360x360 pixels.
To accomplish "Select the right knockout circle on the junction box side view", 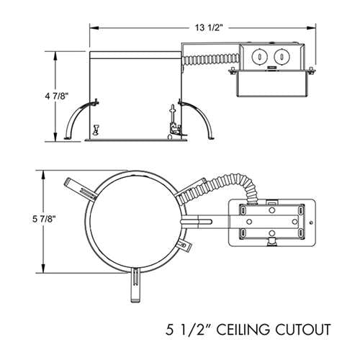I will pyautogui.click(x=279, y=58).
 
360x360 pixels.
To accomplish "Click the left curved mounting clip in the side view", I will pyautogui.click(x=77, y=118).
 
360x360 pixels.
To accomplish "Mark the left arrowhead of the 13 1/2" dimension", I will pyautogui.click(x=91, y=27).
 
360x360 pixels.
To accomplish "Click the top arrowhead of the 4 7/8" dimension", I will pyautogui.click(x=58, y=55).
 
